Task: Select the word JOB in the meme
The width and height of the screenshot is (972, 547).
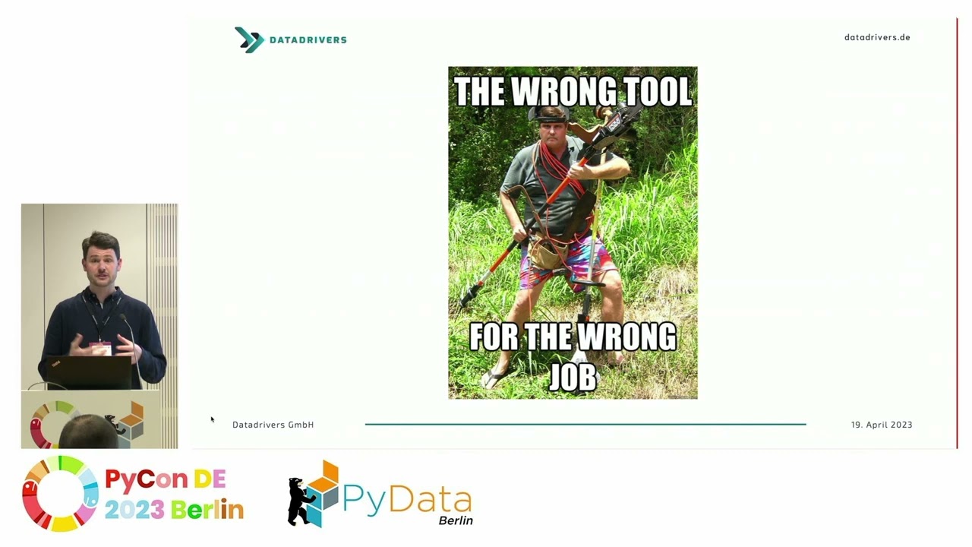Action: [x=573, y=376]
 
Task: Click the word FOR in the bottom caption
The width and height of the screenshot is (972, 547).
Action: [x=491, y=337]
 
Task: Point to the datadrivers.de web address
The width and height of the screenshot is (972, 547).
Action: [x=877, y=37]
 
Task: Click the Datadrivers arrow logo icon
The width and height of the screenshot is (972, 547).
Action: [x=248, y=40]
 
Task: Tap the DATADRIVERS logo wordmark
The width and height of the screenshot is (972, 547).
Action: [x=308, y=40]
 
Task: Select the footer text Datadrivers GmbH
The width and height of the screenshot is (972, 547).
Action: [x=273, y=425]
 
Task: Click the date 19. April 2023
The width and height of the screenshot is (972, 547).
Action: [x=881, y=425]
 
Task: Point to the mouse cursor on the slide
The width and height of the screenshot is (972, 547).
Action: [x=213, y=419]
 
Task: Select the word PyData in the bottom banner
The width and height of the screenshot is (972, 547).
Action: [x=406, y=499]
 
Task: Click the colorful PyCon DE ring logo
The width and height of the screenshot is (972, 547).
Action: [x=60, y=493]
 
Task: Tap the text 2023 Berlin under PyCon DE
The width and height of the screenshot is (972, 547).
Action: [x=174, y=509]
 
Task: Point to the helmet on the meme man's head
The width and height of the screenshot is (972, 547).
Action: [x=549, y=112]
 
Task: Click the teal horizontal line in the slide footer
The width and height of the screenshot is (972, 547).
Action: [x=585, y=424]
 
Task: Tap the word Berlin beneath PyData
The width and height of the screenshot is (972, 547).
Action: [x=456, y=520]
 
